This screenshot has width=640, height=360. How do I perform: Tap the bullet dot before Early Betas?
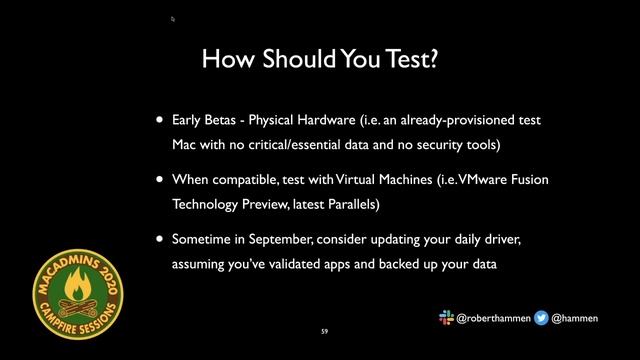tap(158, 121)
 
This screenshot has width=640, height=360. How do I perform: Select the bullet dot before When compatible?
tap(158, 181)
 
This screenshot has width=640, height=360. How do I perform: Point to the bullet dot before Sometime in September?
tap(158, 241)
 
